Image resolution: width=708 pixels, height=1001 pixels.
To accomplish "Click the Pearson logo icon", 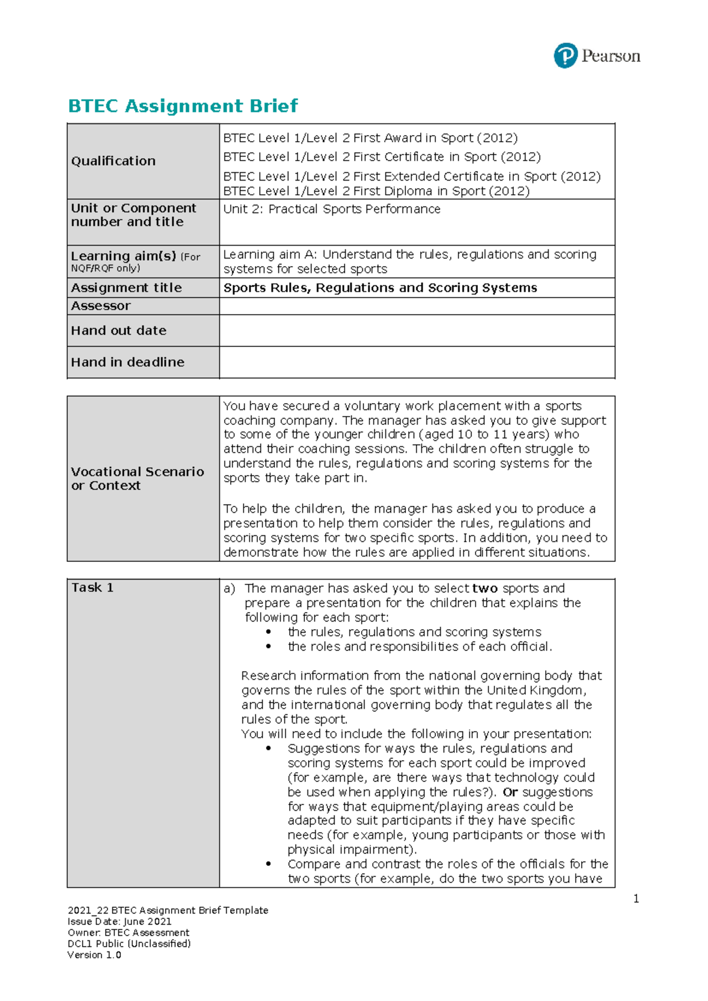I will pos(565,56).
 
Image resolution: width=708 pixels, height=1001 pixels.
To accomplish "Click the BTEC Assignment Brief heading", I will pos(183,106).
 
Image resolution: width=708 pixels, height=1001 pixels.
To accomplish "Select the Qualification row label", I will pos(113,161).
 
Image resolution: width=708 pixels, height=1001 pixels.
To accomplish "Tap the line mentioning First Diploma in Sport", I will pos(376,191).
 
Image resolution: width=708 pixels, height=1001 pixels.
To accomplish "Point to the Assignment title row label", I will pos(126,288).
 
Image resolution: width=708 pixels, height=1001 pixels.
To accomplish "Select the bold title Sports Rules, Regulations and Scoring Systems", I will pos(380,288).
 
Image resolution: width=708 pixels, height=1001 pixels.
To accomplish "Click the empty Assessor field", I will pos(417,306).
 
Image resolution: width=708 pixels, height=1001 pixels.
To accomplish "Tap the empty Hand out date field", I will pos(417,331).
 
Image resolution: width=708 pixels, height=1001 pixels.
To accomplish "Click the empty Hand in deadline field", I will pos(417,362).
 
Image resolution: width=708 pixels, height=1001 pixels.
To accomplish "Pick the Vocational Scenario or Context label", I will pos(137,479).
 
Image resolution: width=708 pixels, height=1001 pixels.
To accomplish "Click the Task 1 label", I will pos(93,588).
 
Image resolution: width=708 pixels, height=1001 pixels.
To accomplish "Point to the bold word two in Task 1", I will pos(485,588).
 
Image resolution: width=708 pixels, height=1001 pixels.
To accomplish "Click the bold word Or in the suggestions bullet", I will pos(510,792).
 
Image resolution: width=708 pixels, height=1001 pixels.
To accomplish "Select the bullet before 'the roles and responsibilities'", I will pos(269,647).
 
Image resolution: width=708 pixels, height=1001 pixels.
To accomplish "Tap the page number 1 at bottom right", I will pos(636,899).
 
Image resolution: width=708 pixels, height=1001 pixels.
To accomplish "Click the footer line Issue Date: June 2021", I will pos(120,922).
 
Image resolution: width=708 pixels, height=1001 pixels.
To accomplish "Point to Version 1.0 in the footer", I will pos(94,955).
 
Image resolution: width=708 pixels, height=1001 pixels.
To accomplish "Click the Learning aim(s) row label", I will pos(123,257).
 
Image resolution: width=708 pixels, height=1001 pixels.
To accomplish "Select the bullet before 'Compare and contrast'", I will pos(269,864).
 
